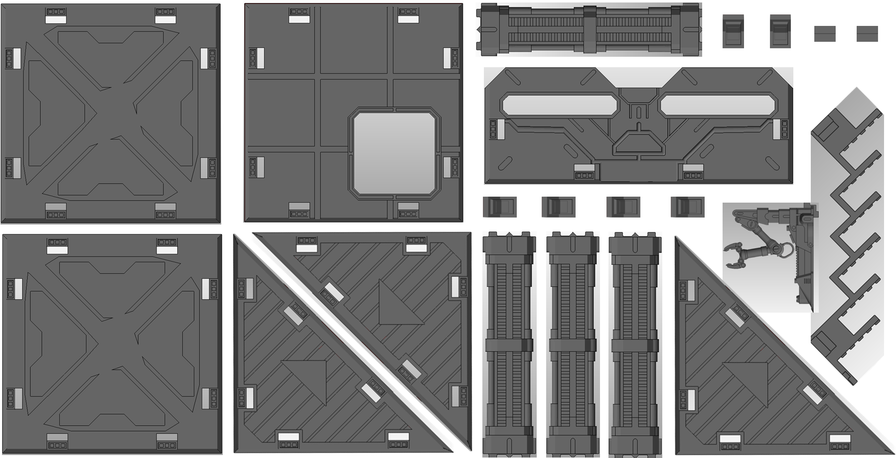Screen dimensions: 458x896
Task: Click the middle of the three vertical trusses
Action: tap(573, 343)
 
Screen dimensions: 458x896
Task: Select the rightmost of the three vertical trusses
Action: tap(635, 343)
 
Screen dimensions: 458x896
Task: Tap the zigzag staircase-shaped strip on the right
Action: tap(847, 234)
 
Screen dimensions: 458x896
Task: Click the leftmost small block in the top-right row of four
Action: tap(733, 31)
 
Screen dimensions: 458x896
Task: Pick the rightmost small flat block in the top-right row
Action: tap(867, 34)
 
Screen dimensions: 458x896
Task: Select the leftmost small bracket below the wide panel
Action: tap(499, 207)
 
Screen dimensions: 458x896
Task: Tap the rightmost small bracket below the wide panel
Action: tap(687, 207)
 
